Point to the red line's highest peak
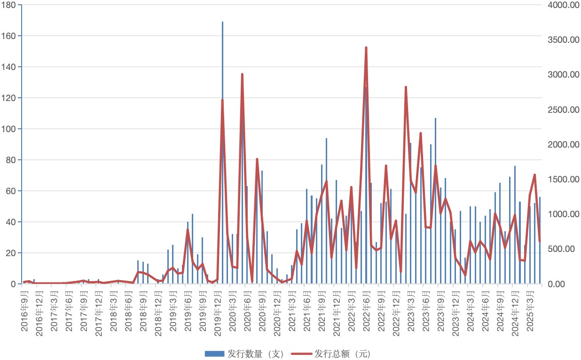pos(366,47)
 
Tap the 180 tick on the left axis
pos(10,5)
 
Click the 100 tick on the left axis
pos(10,129)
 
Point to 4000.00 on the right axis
pos(563,5)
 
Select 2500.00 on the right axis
pos(563,110)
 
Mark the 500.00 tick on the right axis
pos(561,249)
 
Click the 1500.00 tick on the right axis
pos(563,180)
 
